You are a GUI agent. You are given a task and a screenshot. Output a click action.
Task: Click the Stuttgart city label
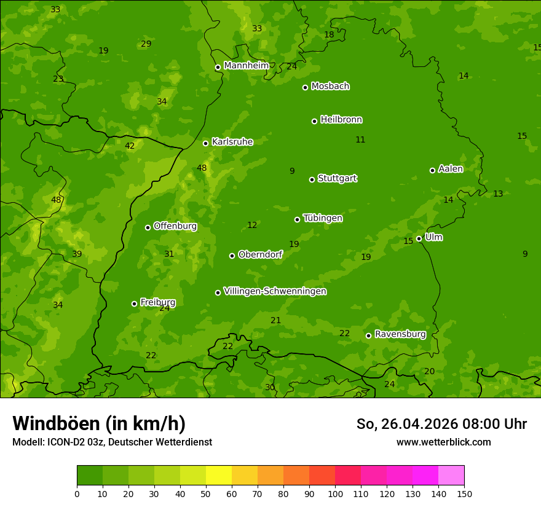(x=337, y=178)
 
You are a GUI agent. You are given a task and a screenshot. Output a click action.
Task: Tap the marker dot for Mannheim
(x=218, y=68)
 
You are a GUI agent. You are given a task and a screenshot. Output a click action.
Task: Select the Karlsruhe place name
(x=232, y=142)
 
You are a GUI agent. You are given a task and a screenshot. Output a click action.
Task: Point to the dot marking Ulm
(x=419, y=238)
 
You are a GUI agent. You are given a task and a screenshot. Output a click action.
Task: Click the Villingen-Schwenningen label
(x=275, y=291)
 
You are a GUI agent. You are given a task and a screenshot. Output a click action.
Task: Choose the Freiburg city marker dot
(x=134, y=304)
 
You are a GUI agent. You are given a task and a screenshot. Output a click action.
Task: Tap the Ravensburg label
(x=400, y=334)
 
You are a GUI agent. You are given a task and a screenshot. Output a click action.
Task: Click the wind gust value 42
(x=130, y=146)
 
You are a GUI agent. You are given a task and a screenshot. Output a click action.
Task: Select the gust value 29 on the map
(x=146, y=44)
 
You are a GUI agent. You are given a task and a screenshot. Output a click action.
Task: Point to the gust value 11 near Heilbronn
(x=360, y=140)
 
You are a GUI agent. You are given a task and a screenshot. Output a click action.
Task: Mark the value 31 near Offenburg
(x=169, y=254)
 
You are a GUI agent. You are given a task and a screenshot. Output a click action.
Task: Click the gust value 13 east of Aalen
(x=498, y=194)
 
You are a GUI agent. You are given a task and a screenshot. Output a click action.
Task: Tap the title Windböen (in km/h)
(x=99, y=423)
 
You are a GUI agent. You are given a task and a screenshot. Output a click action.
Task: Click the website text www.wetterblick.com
(x=443, y=442)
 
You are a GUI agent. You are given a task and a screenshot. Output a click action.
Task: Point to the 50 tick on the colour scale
(x=206, y=493)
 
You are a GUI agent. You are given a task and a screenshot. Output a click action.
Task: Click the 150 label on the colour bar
(x=464, y=493)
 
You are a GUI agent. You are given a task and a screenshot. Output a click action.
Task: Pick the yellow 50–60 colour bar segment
(x=219, y=476)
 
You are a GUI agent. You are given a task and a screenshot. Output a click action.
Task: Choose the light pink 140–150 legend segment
(x=451, y=476)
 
